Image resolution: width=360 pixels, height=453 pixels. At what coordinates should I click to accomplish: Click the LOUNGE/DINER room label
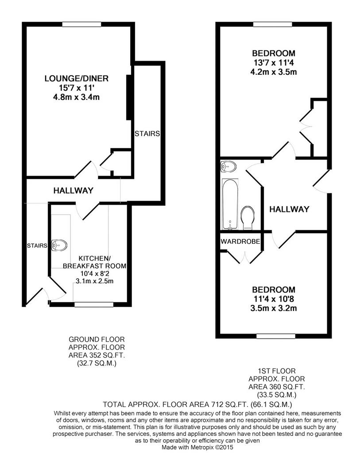pyautogui.click(x=76, y=78)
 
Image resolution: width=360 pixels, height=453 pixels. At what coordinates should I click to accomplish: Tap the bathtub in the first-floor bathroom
pyautogui.click(x=230, y=204)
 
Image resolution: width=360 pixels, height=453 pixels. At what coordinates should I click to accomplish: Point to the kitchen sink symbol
pyautogui.click(x=59, y=245)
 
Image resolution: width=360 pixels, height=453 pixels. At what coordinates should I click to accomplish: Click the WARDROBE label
pyautogui.click(x=240, y=241)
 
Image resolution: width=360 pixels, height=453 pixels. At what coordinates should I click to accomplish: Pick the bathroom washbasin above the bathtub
pyautogui.click(x=228, y=166)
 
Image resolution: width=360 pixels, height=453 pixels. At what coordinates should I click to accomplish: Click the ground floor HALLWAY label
pyautogui.click(x=74, y=190)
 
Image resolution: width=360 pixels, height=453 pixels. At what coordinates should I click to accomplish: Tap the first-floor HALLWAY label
pyautogui.click(x=289, y=209)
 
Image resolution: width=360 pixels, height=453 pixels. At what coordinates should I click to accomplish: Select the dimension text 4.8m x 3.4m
pyautogui.click(x=76, y=97)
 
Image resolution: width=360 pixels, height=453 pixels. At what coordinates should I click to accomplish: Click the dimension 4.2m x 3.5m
pyautogui.click(x=274, y=72)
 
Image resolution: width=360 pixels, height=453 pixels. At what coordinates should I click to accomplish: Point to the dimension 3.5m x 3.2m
pyautogui.click(x=274, y=308)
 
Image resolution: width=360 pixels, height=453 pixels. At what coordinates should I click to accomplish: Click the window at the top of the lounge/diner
pyautogui.click(x=82, y=24)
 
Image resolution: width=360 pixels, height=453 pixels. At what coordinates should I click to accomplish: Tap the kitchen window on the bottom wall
pyautogui.click(x=94, y=304)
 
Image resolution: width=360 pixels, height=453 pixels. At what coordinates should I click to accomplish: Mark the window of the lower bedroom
pyautogui.click(x=276, y=336)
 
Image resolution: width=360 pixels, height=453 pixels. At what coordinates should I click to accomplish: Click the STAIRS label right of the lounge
pyautogui.click(x=147, y=134)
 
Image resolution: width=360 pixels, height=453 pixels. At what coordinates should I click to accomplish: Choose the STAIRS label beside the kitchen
pyautogui.click(x=37, y=246)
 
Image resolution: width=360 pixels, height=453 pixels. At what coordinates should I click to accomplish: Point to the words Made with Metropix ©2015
pyautogui.click(x=197, y=447)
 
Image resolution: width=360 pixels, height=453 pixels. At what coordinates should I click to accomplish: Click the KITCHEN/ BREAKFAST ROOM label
pyautogui.click(x=95, y=262)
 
